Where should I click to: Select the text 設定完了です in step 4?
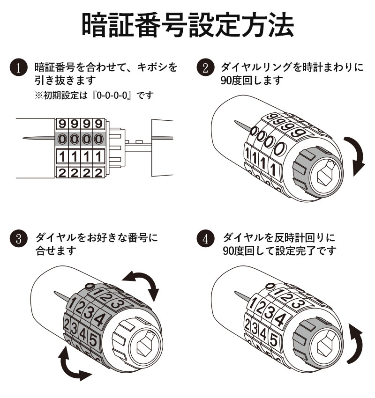click(x=309, y=251)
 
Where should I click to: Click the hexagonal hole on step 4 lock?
click(x=325, y=346)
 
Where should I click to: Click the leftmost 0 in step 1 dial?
click(x=62, y=139)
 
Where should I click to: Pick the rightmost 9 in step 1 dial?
click(x=98, y=124)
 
